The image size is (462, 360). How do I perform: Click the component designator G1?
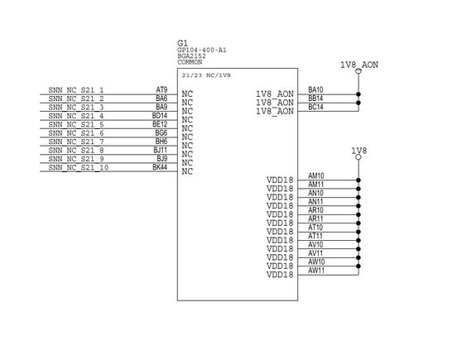click(182, 42)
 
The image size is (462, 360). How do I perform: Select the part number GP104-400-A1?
click(202, 50)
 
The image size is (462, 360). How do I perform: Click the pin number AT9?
click(161, 89)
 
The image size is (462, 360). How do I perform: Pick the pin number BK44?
click(161, 167)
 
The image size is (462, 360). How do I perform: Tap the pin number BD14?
click(161, 116)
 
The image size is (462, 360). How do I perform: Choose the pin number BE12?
click(161, 124)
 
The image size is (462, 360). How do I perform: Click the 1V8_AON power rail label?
click(359, 64)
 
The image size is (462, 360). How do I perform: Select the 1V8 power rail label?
click(359, 151)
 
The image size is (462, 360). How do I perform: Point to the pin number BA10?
click(315, 89)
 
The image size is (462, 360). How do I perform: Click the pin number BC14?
click(315, 107)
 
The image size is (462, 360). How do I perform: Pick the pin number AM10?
click(315, 175)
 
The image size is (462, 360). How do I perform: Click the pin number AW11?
click(315, 271)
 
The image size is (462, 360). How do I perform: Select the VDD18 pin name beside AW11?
click(280, 275)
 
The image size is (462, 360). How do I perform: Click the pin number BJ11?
click(161, 150)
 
